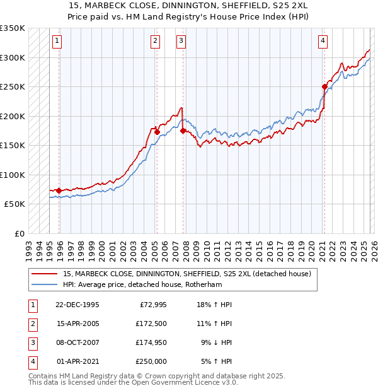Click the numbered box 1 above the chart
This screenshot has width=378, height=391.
click(x=57, y=41)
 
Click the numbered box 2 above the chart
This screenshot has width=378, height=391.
click(x=155, y=41)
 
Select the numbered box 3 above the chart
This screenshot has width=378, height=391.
click(x=181, y=41)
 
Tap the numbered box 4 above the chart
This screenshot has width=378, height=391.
click(x=322, y=41)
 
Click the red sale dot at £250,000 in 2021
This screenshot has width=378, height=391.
click(x=324, y=86)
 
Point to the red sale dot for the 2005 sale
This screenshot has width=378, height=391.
click(x=157, y=132)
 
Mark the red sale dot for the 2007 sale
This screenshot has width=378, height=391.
click(x=183, y=131)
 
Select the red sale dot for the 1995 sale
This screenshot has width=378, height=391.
click(x=59, y=190)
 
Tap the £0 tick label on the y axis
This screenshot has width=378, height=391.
click(x=19, y=233)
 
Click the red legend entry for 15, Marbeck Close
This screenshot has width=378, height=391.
click(x=187, y=274)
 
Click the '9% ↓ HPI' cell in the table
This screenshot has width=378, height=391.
click(x=216, y=344)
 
